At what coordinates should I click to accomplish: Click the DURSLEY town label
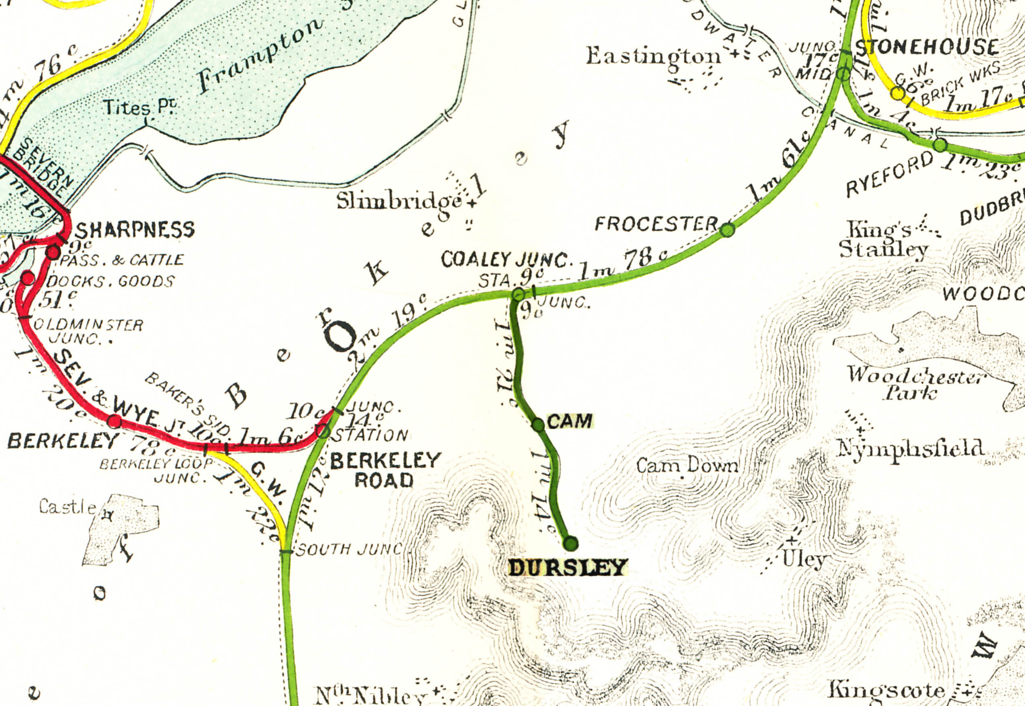568,568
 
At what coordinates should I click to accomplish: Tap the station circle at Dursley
571,543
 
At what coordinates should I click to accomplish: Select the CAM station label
570,421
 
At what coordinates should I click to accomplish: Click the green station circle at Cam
538,425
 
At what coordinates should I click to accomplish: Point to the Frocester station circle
727,230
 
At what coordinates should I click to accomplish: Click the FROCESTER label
656,224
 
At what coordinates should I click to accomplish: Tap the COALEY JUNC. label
507,260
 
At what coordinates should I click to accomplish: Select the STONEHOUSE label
927,47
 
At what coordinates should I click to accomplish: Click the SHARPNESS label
136,230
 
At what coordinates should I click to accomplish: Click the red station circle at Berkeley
115,421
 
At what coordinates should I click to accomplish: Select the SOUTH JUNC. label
349,550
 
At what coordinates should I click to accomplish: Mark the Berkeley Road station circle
323,431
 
